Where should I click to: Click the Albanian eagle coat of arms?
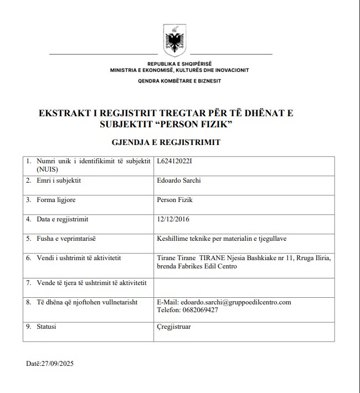click(x=174, y=40)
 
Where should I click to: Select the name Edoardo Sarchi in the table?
click(x=179, y=180)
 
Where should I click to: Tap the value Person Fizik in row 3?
click(x=175, y=200)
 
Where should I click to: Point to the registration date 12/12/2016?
click(x=173, y=219)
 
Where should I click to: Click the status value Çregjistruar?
click(x=174, y=327)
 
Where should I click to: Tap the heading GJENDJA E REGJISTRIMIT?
click(x=174, y=142)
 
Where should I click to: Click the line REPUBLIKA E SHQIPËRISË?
click(x=179, y=65)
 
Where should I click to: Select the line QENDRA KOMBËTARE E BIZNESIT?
click(x=179, y=81)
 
